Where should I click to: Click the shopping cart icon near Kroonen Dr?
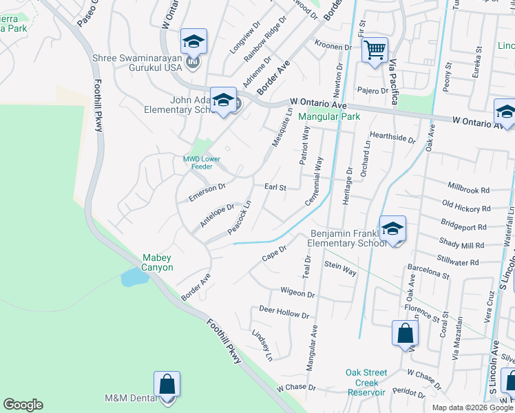pos(375,50)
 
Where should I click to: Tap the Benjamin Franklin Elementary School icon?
pos(392,229)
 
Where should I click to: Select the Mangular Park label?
pos(329,117)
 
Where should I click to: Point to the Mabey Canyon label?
pos(158,262)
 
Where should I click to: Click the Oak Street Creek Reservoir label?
pos(366,382)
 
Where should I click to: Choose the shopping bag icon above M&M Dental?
pos(167,384)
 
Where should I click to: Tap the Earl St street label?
pos(275,187)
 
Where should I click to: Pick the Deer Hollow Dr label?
pos(284,312)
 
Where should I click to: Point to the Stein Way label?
pos(340,268)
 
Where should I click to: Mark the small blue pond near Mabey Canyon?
pos(134,277)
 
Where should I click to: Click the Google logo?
pos(23,405)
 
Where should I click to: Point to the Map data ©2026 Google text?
pos(472,407)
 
